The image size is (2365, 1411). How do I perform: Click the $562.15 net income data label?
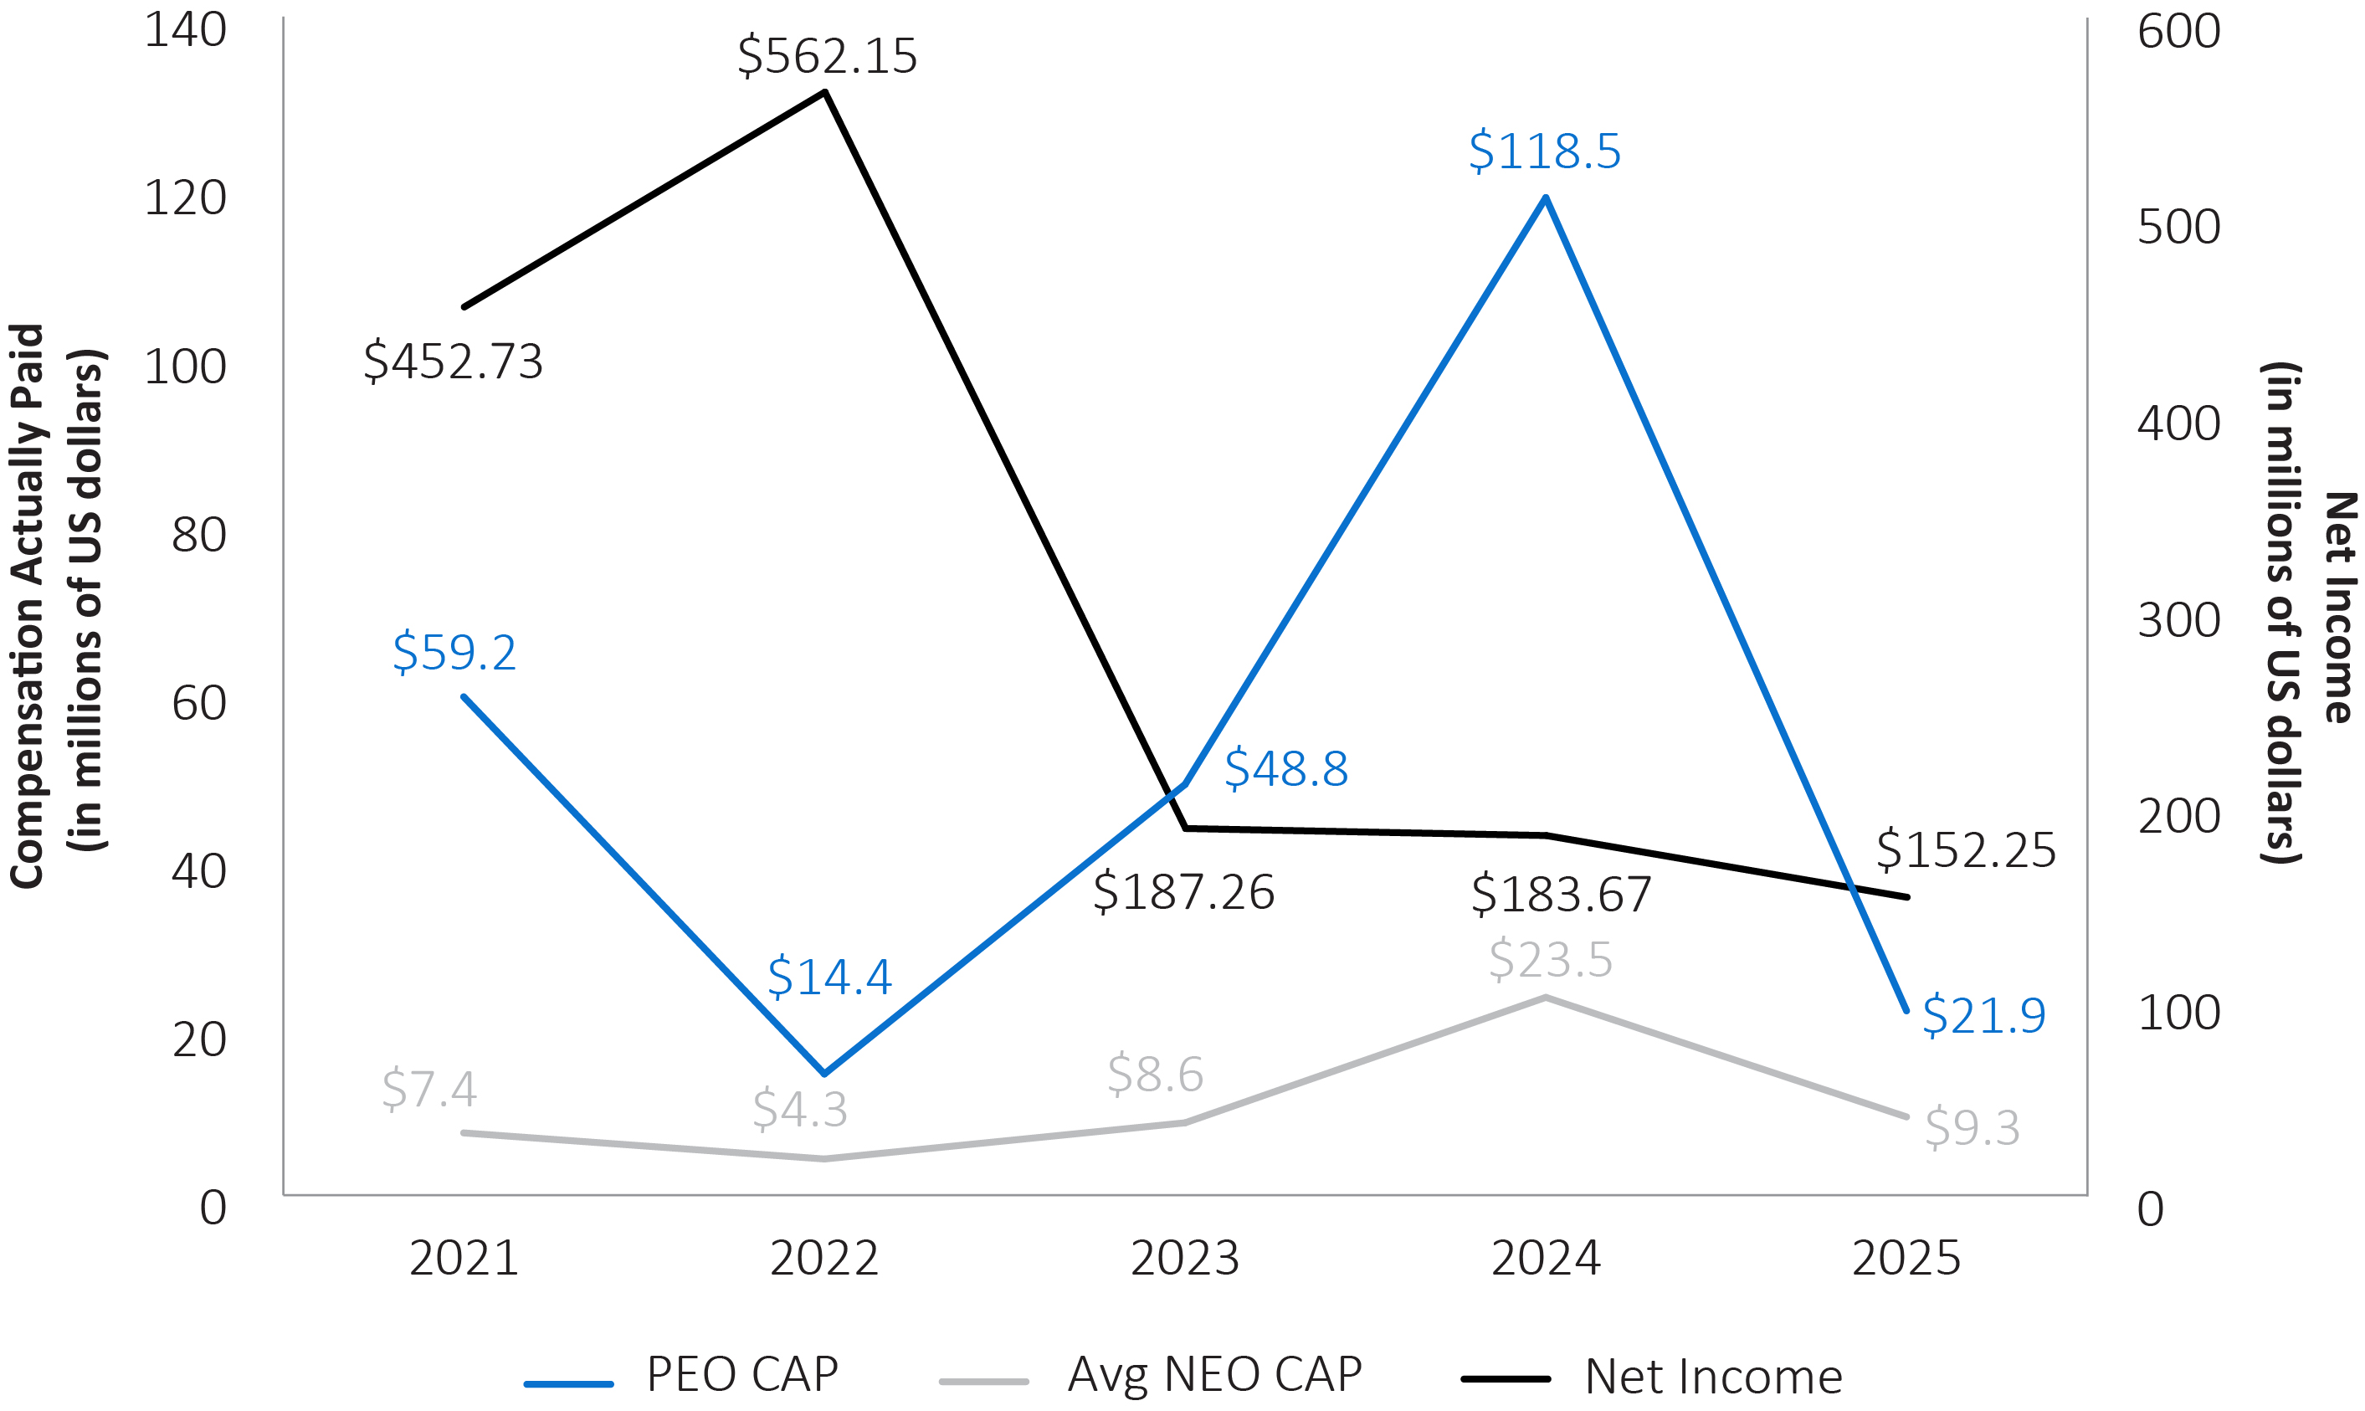(x=827, y=55)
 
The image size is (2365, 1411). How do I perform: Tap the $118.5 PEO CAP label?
(x=1545, y=151)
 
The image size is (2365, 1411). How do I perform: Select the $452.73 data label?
(x=454, y=362)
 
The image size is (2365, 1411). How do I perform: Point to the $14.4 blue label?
(x=829, y=977)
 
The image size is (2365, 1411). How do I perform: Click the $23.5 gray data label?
(x=1551, y=958)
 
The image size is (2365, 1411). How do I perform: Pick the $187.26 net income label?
(x=1183, y=892)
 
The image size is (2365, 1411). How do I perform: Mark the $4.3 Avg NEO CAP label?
(x=799, y=1109)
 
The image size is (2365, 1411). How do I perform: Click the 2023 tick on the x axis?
(x=1184, y=1259)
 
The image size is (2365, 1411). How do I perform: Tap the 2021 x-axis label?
(x=464, y=1259)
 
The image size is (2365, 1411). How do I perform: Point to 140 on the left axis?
(x=184, y=29)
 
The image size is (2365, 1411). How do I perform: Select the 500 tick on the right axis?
(x=2178, y=226)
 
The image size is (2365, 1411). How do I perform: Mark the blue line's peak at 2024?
(x=1546, y=198)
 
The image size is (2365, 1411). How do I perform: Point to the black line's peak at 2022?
(x=825, y=92)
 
